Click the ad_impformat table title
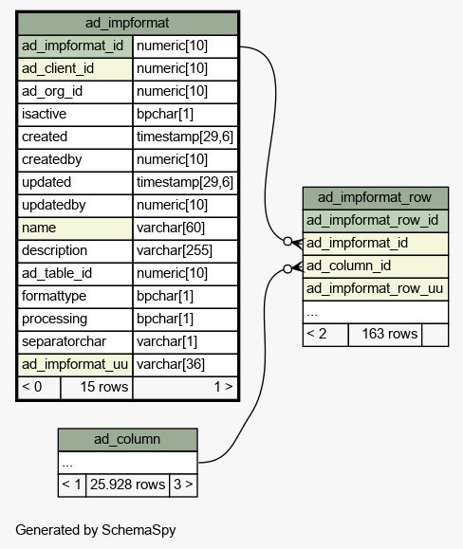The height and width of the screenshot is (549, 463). click(x=127, y=23)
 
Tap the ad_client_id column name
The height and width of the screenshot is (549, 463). click(x=58, y=68)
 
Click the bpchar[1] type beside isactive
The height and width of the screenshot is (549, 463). click(x=165, y=114)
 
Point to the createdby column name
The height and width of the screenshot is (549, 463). click(x=52, y=159)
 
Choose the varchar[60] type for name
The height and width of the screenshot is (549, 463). click(x=171, y=228)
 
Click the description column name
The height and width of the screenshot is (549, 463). click(x=54, y=250)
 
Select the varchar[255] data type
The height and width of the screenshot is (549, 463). click(x=175, y=250)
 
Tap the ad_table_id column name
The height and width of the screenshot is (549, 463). click(x=57, y=273)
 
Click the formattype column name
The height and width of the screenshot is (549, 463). click(x=54, y=296)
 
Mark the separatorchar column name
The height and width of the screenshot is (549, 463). click(x=64, y=341)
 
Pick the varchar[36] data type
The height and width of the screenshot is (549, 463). click(x=171, y=364)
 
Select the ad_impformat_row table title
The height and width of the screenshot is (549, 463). click(x=375, y=198)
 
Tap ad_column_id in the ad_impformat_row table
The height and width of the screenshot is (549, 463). click(x=348, y=266)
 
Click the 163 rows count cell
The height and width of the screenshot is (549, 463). click(x=390, y=334)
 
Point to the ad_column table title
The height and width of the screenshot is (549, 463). click(x=127, y=439)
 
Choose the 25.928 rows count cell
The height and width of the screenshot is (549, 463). click(x=127, y=485)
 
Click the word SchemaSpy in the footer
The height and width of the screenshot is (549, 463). click(x=139, y=530)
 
